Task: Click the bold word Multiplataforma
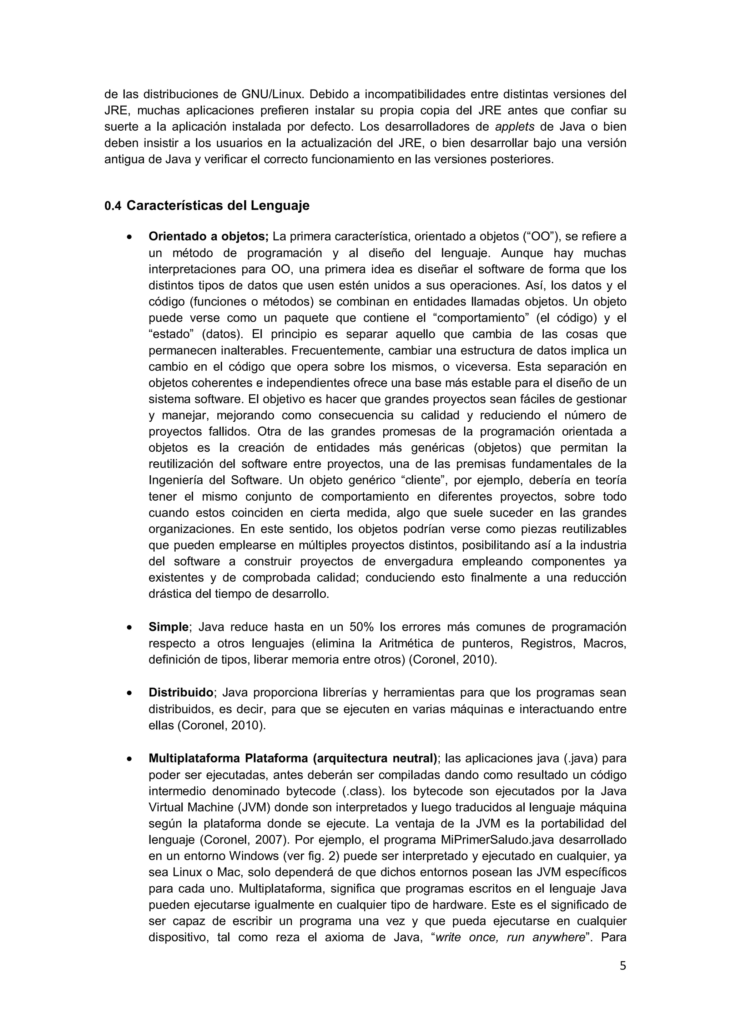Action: pyautogui.click(x=194, y=758)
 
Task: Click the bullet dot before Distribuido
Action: pyautogui.click(x=130, y=693)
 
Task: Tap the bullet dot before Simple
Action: pyautogui.click(x=130, y=628)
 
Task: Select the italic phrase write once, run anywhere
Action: pyautogui.click(x=511, y=937)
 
